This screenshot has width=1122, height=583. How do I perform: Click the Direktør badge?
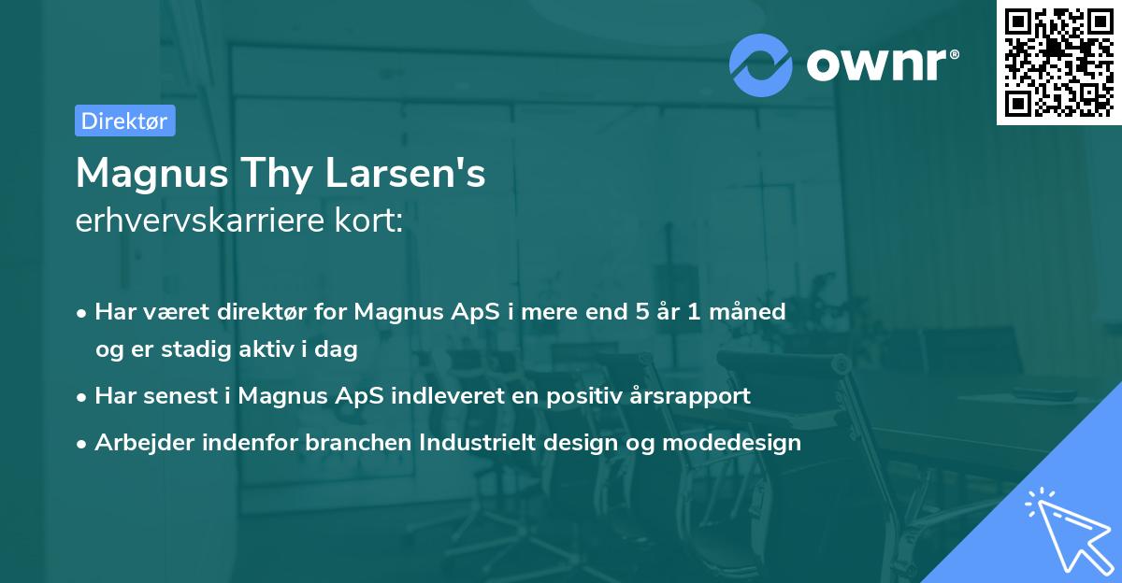(x=124, y=121)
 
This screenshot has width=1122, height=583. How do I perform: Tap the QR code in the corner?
(x=1058, y=63)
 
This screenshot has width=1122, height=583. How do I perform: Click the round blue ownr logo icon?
(x=761, y=64)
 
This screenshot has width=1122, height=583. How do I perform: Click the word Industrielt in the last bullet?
(x=455, y=443)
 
